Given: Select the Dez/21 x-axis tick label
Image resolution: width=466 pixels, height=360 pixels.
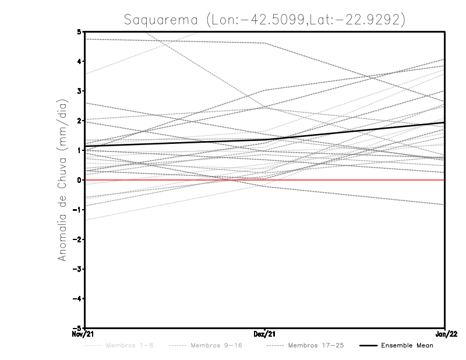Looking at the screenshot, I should (x=265, y=334).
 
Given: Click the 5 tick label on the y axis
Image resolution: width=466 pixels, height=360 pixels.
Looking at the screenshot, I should (x=79, y=31).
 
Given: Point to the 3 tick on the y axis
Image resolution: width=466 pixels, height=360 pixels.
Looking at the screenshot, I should (x=79, y=91).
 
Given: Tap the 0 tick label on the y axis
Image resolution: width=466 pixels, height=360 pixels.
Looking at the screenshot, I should (x=79, y=180).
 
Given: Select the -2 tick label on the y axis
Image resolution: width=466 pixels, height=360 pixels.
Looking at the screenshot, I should (x=77, y=239).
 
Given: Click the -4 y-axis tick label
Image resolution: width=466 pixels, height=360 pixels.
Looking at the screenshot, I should (x=77, y=298).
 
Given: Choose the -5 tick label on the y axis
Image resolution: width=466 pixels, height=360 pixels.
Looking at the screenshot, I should (x=77, y=328).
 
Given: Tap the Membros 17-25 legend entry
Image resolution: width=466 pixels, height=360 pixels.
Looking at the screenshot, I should (x=316, y=345).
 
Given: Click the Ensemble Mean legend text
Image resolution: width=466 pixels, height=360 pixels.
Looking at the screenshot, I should (x=407, y=345).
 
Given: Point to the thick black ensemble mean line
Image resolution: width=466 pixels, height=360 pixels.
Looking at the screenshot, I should (x=349, y=132).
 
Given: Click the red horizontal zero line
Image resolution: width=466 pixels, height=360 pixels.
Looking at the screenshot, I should (x=349, y=180).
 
